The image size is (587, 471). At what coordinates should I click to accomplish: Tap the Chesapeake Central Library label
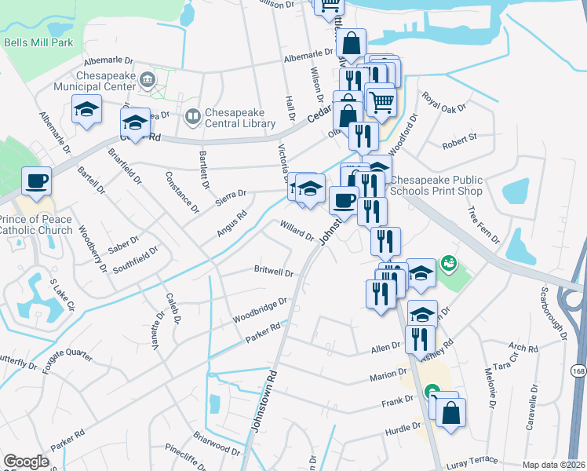(240, 118)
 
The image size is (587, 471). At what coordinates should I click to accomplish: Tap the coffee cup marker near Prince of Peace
(36, 182)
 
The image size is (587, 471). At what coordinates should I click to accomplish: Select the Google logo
(26, 462)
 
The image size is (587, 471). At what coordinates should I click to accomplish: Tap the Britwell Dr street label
(273, 272)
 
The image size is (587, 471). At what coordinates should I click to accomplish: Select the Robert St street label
(459, 141)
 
